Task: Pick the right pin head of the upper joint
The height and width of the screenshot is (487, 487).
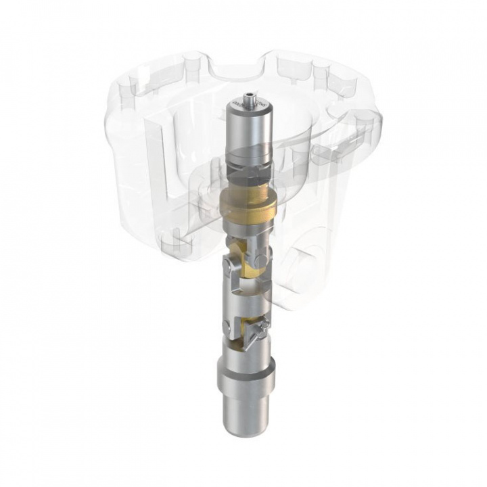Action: (262, 259)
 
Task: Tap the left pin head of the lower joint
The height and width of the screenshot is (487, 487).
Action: (228, 329)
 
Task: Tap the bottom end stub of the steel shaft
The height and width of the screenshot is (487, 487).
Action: (245, 413)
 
